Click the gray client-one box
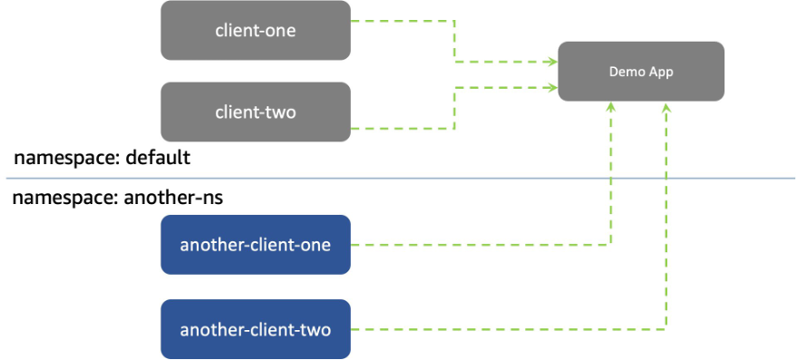[x=255, y=31]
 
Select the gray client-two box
[x=255, y=112]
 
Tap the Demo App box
[x=640, y=72]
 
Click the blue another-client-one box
[x=255, y=245]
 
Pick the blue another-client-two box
[x=255, y=329]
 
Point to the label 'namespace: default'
[x=102, y=158]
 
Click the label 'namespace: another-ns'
[x=117, y=198]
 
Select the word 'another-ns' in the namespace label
[x=177, y=198]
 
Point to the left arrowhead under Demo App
[x=612, y=107]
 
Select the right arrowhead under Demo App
[x=667, y=107]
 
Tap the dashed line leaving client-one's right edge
[x=399, y=21]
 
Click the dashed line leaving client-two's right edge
[x=399, y=129]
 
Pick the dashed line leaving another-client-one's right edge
[x=471, y=244]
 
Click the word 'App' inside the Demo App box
[x=660, y=72]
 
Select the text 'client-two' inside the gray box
[x=255, y=112]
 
